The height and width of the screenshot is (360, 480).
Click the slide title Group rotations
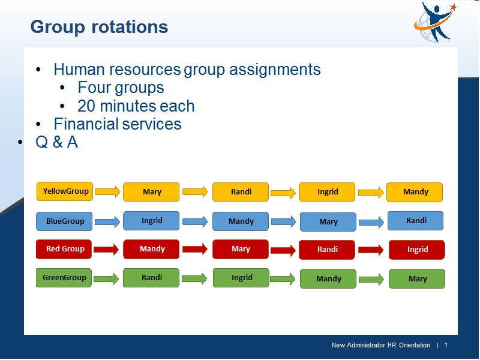tap(99, 27)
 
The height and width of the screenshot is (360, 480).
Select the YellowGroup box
tap(65, 191)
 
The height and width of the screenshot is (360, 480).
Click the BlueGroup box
tap(64, 221)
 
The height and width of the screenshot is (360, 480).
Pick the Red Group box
tap(64, 249)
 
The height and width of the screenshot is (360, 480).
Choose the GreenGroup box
tap(64, 278)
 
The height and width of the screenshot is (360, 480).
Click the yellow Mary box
tap(151, 192)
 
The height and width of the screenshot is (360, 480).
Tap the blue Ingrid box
tap(151, 221)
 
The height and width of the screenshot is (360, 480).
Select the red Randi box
tap(327, 250)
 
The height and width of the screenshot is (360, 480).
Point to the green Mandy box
tap(328, 278)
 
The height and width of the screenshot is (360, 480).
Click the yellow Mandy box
tap(415, 192)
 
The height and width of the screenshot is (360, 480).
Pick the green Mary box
tap(417, 278)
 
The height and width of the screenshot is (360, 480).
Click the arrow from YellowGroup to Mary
tap(108, 192)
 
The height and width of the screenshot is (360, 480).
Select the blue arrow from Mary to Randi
tap(371, 222)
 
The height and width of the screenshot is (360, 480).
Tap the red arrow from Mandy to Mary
tap(195, 249)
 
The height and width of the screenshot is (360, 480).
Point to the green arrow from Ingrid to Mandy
tap(283, 278)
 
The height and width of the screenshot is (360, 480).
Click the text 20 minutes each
tap(136, 106)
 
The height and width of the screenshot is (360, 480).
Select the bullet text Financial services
tap(118, 124)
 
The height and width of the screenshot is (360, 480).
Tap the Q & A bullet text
tap(56, 142)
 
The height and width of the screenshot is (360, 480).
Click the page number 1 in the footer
tap(446, 345)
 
